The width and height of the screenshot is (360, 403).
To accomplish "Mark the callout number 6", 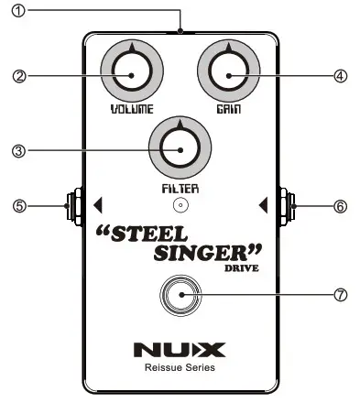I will point(340,206).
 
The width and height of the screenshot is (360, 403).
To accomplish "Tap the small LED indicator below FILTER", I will point(180,205).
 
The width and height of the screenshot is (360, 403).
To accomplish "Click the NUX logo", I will point(180,349).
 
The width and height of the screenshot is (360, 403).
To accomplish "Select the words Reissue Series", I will point(180,368).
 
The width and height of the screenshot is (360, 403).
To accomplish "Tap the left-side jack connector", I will point(70,205).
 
